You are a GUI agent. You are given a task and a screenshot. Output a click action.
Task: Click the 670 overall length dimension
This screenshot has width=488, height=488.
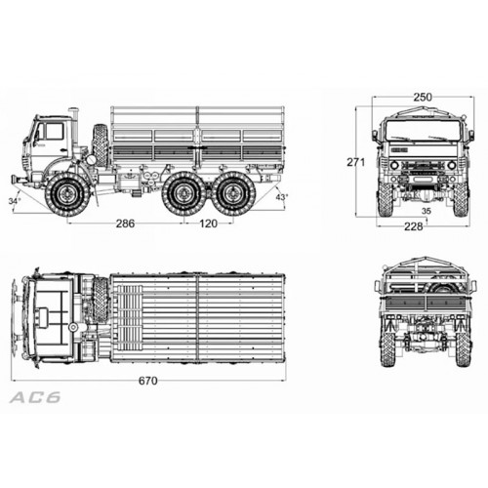click(x=148, y=381)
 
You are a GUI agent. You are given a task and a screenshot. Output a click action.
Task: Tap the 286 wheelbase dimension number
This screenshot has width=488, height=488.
click(x=125, y=224)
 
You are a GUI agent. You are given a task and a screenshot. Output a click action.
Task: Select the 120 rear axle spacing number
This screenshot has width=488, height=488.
click(x=208, y=224)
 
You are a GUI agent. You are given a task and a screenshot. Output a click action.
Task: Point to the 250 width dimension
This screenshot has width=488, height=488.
click(x=423, y=97)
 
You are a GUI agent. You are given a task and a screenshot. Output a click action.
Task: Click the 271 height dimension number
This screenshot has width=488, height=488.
click(x=356, y=162)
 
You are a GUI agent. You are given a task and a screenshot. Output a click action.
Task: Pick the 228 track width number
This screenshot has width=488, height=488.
click(x=414, y=226)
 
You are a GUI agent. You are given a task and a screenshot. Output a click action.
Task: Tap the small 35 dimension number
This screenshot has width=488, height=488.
click(x=427, y=211)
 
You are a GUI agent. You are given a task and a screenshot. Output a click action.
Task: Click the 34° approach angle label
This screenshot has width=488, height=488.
click(x=15, y=201)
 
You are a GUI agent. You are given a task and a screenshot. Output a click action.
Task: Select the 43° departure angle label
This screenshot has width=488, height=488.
click(x=282, y=197)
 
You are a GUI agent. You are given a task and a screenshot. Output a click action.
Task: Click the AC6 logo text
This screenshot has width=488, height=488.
click(x=35, y=397)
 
